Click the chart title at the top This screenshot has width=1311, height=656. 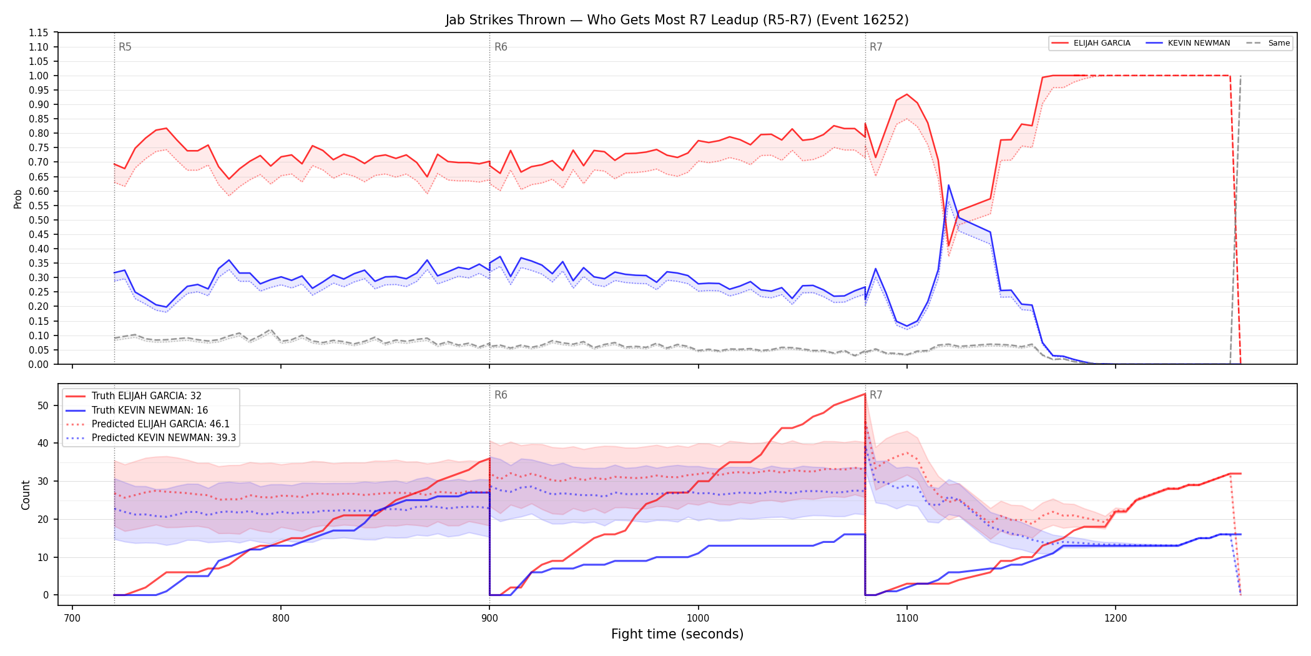coord(677,20)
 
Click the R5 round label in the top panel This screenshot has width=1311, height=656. coord(125,47)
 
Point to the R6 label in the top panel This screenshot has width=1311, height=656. coord(501,47)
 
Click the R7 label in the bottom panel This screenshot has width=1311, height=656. coord(876,395)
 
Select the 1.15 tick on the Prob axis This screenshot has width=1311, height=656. coord(39,32)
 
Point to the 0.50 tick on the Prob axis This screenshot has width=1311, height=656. coord(39,220)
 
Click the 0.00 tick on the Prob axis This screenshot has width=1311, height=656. coord(39,364)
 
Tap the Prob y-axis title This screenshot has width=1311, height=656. coord(18,199)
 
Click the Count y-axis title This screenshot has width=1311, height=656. coord(26,495)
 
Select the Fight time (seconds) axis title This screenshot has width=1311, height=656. coord(677,634)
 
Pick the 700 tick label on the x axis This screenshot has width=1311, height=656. coord(72,618)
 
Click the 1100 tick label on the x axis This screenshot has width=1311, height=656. coord(907,618)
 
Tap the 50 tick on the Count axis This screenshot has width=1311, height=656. coord(43,405)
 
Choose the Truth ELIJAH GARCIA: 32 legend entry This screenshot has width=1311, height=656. coord(147,396)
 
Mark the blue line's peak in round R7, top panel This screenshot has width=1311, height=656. coord(948,185)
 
